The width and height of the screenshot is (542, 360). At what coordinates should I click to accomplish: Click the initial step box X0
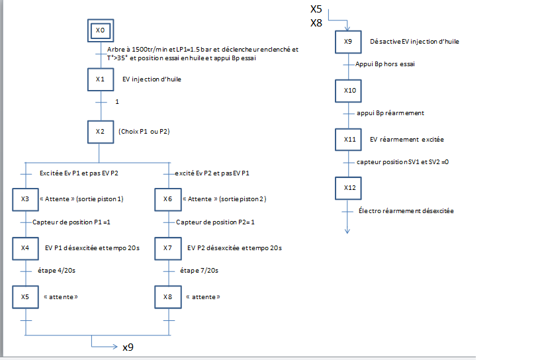coord(100,30)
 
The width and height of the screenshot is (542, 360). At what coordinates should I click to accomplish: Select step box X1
coord(100,79)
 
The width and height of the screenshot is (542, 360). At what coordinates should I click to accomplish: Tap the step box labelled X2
coord(100,131)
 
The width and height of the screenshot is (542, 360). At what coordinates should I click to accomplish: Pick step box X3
coord(24,199)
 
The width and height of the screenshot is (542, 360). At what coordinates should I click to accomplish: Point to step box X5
coord(24,296)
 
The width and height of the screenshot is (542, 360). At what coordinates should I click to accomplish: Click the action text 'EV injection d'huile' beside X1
coord(152,79)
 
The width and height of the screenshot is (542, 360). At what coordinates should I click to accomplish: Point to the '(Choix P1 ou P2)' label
coord(144,132)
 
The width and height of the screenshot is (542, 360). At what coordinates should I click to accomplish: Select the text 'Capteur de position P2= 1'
coord(215,222)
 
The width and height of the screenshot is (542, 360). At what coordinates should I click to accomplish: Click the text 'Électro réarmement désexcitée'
coord(406,211)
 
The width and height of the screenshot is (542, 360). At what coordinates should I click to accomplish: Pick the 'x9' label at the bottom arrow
coord(130,347)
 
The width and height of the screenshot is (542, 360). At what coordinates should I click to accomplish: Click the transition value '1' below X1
coord(117,102)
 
